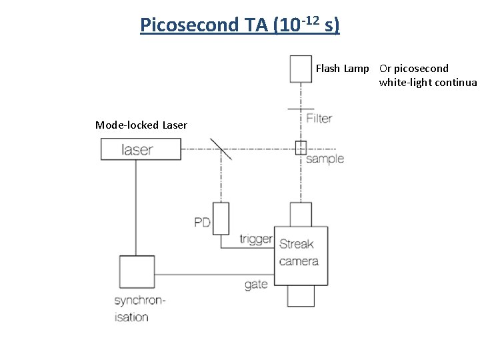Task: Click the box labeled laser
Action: click(141, 149)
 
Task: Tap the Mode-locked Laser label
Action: click(141, 125)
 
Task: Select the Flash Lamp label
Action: click(342, 68)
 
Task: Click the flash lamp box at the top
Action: click(301, 67)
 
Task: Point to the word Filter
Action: click(319, 118)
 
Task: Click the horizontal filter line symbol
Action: click(301, 108)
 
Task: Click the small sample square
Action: click(301, 148)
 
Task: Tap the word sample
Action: click(325, 159)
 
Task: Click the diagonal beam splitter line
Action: click(221, 149)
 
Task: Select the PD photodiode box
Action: click(221, 218)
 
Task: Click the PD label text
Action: click(202, 222)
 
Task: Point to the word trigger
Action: click(256, 239)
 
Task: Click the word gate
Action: click(256, 284)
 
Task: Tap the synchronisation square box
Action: click(137, 272)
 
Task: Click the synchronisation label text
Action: click(139, 309)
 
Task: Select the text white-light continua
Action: click(427, 83)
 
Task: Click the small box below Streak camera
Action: click(301, 295)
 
